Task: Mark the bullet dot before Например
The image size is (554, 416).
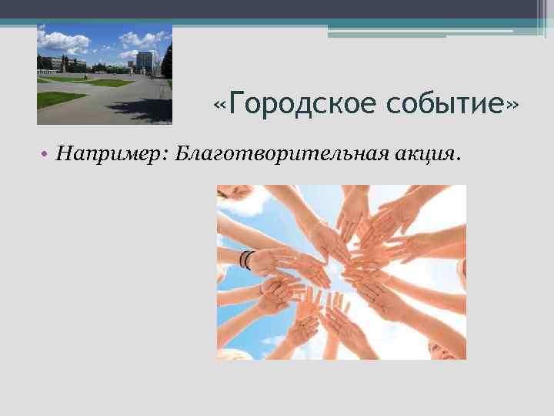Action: pos(47,156)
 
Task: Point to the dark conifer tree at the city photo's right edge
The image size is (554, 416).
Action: pos(166,62)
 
